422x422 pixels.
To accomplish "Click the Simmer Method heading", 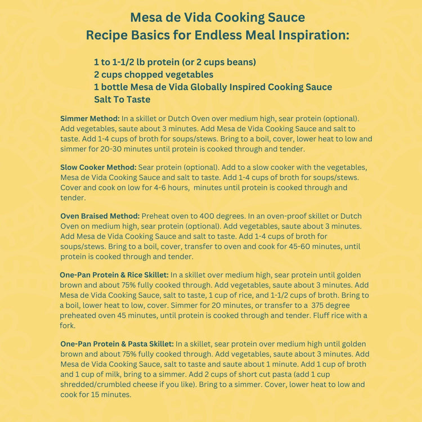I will (x=90, y=119).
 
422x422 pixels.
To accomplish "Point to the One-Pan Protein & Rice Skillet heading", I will (x=114, y=275).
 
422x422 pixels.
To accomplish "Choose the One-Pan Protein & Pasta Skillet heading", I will (x=117, y=343).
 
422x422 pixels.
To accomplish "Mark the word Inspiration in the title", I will (x=307, y=35).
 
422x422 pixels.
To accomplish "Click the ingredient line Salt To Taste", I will (x=122, y=100).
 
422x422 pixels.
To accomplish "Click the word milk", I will (x=124, y=374).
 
